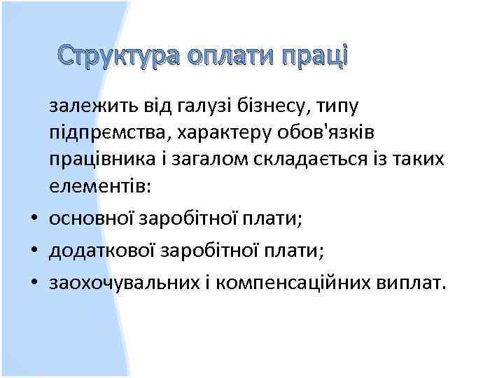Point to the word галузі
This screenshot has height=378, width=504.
pos(191,106)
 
